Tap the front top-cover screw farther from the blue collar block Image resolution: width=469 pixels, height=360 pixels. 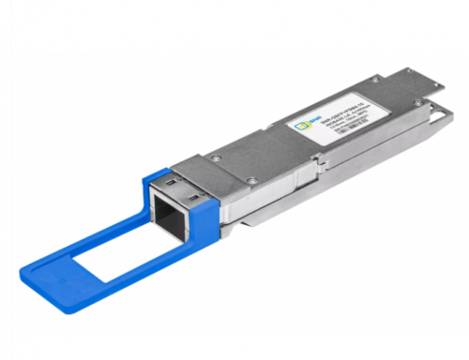point(215,158)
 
